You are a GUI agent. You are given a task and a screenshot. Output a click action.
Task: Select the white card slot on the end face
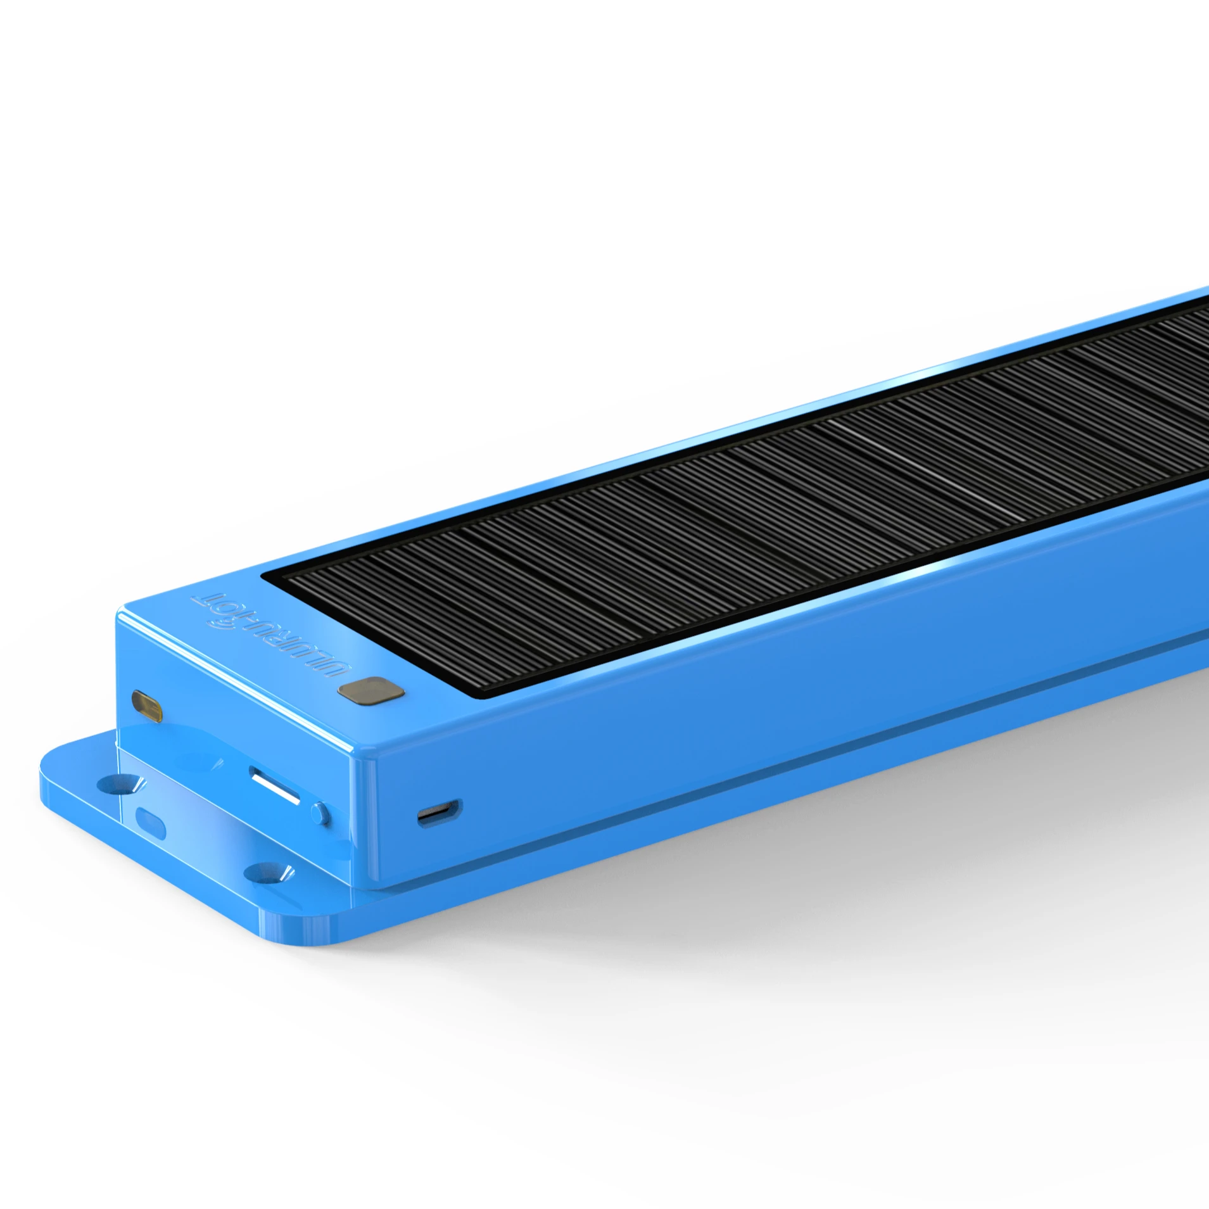pyautogui.click(x=275, y=785)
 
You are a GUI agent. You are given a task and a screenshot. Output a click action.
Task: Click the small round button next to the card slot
pyautogui.click(x=320, y=813)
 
